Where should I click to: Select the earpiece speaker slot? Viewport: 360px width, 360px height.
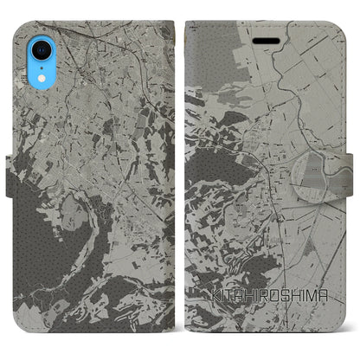point(266,38)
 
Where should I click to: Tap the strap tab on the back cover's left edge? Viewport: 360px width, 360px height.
point(6,164)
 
